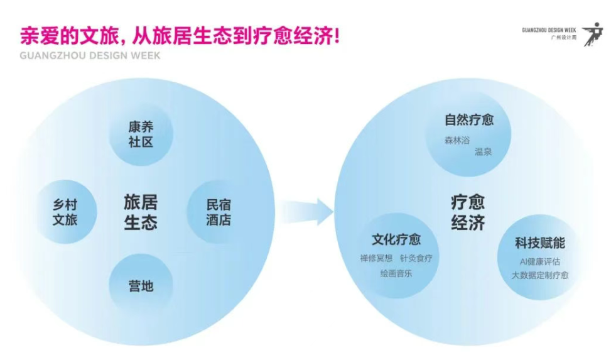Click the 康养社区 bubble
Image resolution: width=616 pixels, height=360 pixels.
(x=141, y=134)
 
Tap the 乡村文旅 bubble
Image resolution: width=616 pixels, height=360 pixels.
(x=65, y=212)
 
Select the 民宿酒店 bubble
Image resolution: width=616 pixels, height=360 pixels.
(x=219, y=212)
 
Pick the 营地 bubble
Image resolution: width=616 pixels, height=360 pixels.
(x=141, y=286)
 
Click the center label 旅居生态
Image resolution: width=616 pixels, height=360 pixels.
(x=141, y=212)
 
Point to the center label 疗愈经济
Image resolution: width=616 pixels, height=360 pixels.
(x=468, y=212)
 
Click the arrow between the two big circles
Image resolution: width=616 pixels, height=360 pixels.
(x=306, y=212)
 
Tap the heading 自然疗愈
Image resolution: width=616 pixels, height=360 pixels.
(x=469, y=120)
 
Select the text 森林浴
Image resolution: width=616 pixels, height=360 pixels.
(x=457, y=140)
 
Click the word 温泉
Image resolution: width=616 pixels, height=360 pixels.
(x=484, y=151)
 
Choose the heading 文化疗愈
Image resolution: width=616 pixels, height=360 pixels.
(x=396, y=239)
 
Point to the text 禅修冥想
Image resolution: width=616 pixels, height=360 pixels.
(x=376, y=258)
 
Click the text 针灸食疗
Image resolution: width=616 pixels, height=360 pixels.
(x=416, y=258)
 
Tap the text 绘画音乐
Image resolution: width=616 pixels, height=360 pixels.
(x=396, y=273)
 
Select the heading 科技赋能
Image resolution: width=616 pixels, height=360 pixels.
(x=540, y=243)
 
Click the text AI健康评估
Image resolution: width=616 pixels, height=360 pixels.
(x=540, y=262)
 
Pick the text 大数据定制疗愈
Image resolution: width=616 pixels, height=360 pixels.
(x=540, y=275)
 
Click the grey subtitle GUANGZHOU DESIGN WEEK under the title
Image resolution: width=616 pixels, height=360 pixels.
(x=90, y=55)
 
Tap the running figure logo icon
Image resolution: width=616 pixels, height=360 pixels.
(x=593, y=34)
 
